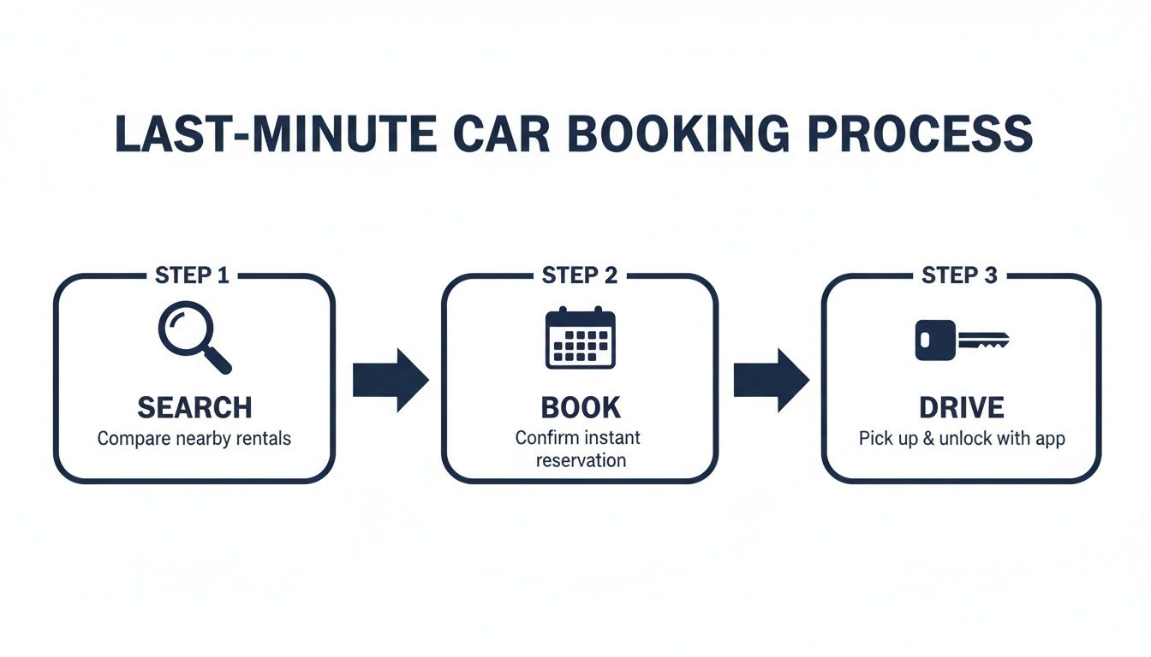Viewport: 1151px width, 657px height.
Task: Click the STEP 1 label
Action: (x=194, y=275)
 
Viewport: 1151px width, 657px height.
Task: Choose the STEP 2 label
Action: (x=580, y=275)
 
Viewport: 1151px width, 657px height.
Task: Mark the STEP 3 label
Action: (x=960, y=275)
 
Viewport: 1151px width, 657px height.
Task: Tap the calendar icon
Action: (x=580, y=339)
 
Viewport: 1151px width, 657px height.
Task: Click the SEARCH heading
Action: (x=194, y=407)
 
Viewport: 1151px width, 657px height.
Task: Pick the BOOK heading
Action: (x=580, y=407)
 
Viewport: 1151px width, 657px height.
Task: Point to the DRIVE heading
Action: (x=961, y=407)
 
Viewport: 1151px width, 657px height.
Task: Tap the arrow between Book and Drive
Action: (x=771, y=380)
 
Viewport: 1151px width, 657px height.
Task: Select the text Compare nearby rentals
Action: (x=194, y=439)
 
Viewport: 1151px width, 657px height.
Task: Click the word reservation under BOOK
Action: (x=581, y=460)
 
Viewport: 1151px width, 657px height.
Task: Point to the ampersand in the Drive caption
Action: (x=923, y=439)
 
